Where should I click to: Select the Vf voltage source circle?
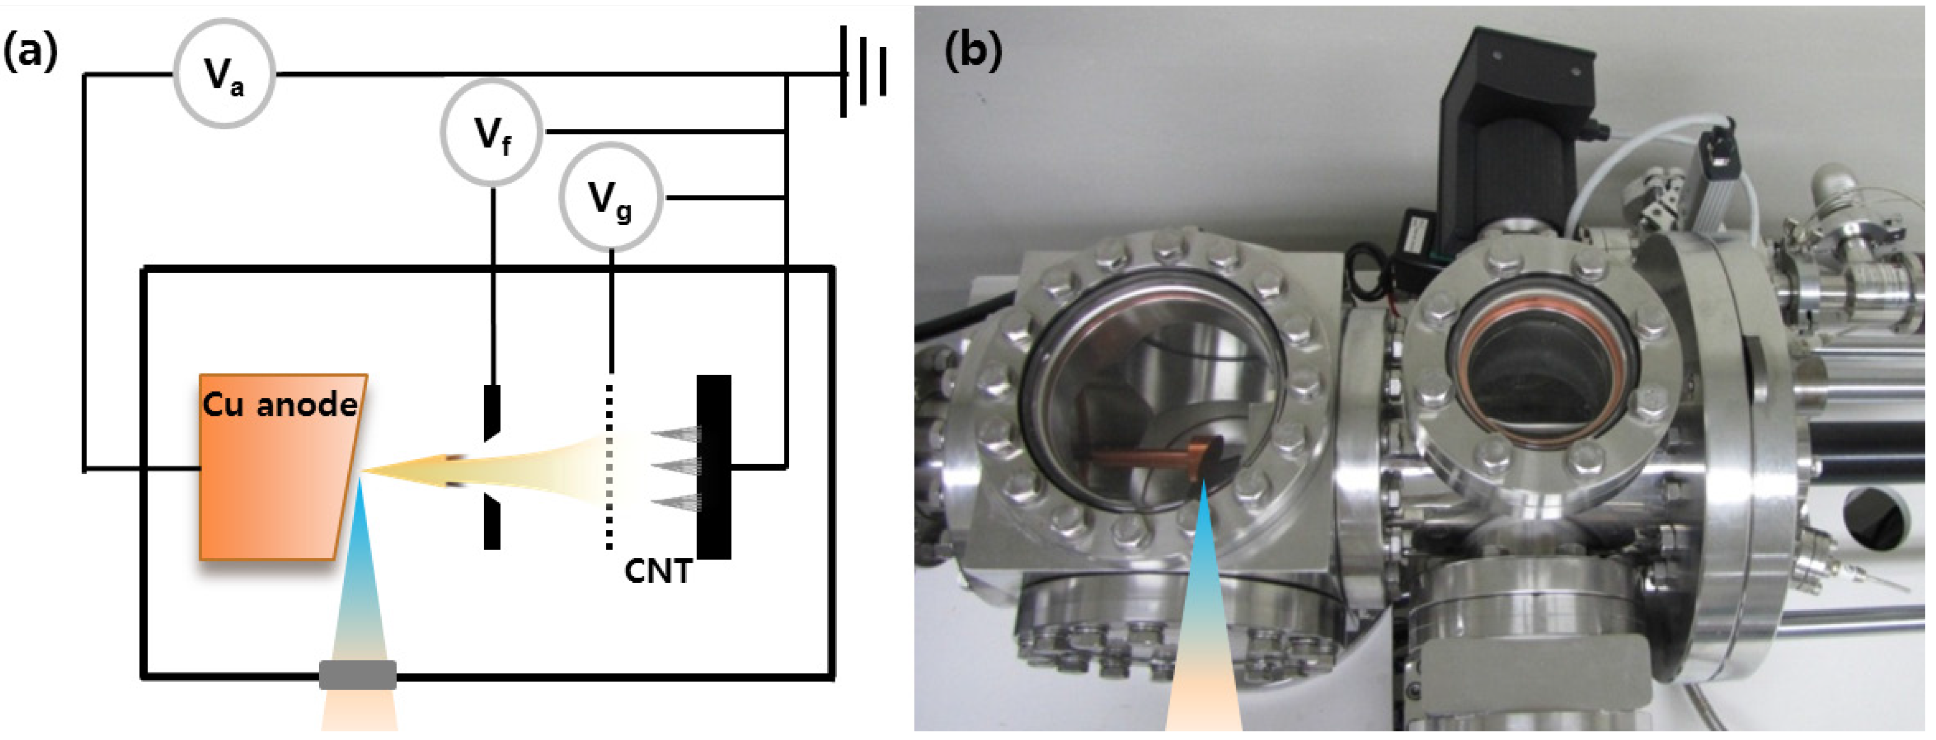491,133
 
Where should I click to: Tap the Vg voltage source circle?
610,197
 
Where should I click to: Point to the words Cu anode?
279,405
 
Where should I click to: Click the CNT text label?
658,572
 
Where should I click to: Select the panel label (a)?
30,52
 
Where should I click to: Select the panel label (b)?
972,52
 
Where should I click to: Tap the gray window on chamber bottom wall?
358,675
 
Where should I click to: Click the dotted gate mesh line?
609,466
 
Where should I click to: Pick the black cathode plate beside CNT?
714,466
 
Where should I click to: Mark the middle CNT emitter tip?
677,467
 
